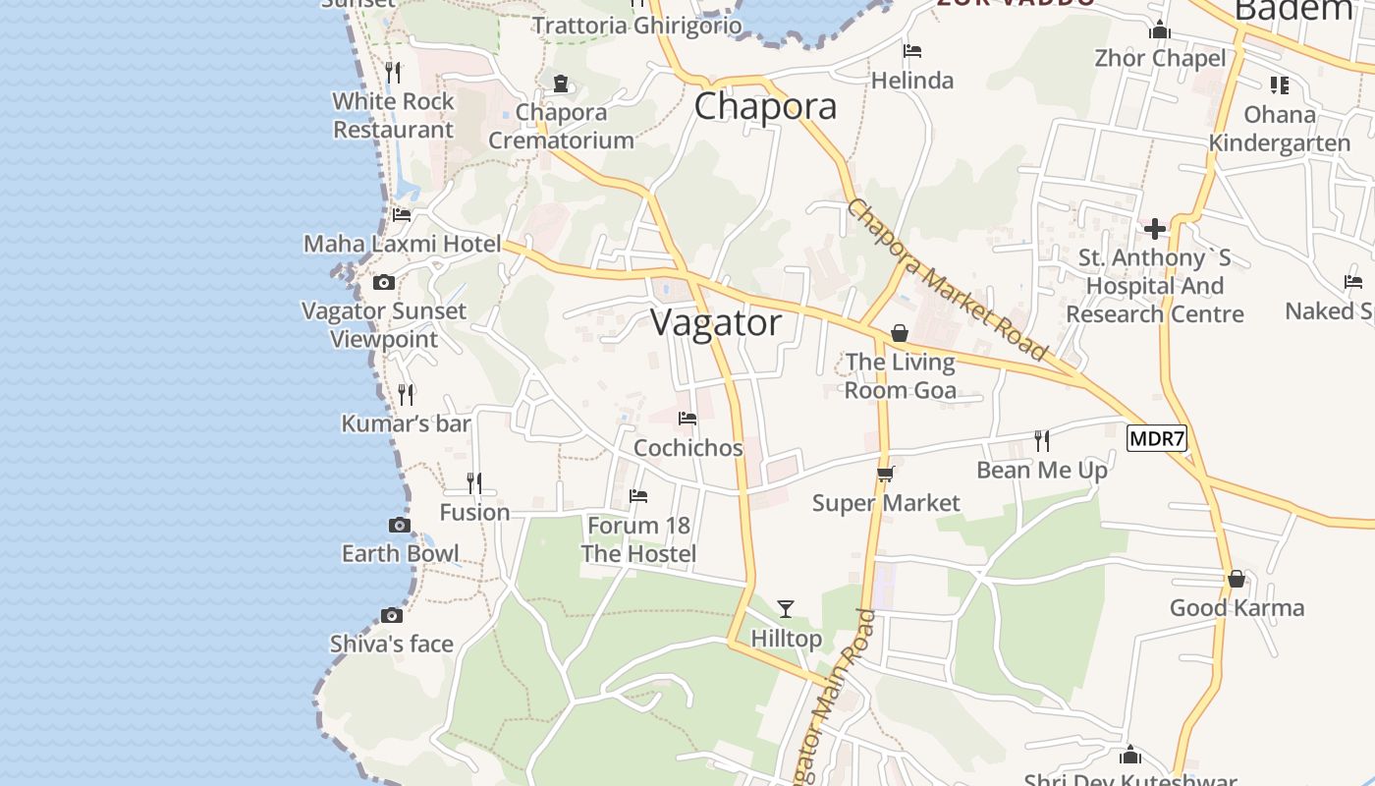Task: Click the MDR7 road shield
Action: click(x=1157, y=438)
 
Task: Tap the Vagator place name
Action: click(x=716, y=322)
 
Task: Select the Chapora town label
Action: click(x=765, y=106)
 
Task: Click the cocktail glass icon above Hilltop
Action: click(x=785, y=609)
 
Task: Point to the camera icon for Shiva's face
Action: click(x=392, y=616)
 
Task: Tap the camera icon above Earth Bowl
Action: click(x=399, y=525)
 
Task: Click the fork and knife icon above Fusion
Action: click(x=474, y=482)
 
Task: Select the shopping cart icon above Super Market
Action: click(x=885, y=475)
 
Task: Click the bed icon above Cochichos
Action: click(x=687, y=419)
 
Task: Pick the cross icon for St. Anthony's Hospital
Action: click(x=1155, y=229)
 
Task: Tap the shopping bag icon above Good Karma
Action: click(x=1237, y=579)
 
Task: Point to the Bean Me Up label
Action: click(x=1042, y=471)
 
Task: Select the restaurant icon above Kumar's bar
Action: click(x=406, y=394)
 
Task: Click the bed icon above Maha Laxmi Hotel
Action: click(x=401, y=214)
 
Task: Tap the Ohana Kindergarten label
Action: click(x=1280, y=129)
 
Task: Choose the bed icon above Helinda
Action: click(x=912, y=51)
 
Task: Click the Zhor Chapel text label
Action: click(x=1160, y=58)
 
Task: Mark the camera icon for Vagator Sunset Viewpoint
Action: click(x=384, y=283)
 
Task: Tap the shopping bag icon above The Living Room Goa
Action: click(x=899, y=334)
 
